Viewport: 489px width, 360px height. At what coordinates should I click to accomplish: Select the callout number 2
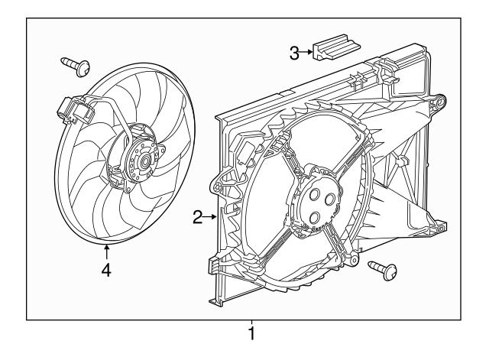click(x=197, y=218)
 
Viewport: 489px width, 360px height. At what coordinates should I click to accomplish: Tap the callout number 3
click(x=294, y=52)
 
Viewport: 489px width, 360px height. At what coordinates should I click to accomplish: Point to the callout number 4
click(x=107, y=271)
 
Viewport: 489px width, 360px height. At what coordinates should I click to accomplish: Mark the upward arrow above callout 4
click(x=107, y=249)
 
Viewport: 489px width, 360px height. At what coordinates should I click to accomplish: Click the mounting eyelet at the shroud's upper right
click(x=441, y=99)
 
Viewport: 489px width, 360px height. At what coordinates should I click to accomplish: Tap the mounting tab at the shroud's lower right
click(x=439, y=226)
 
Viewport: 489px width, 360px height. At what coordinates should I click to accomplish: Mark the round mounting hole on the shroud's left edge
click(x=222, y=185)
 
